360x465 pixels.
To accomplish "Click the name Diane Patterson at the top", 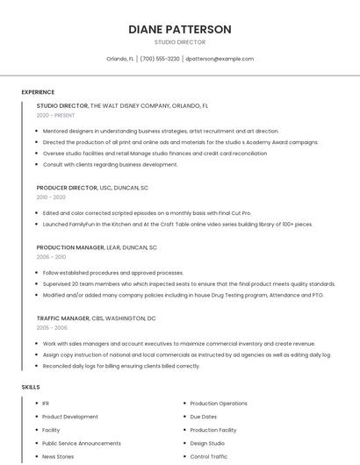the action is pyautogui.click(x=180, y=29).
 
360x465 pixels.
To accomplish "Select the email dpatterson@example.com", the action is pyautogui.click(x=220, y=59).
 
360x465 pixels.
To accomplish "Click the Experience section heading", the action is pyautogui.click(x=38, y=92).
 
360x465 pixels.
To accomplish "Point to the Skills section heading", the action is pyautogui.click(x=31, y=387).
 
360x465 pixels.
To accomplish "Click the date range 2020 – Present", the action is pyautogui.click(x=55, y=115).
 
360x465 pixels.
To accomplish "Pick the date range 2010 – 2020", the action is pyautogui.click(x=51, y=197).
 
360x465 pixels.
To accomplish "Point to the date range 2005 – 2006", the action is pyautogui.click(x=51, y=327).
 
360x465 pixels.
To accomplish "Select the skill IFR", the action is pyautogui.click(x=46, y=404).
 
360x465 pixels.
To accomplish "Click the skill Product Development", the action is pyautogui.click(x=70, y=417).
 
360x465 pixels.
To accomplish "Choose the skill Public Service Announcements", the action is pyautogui.click(x=82, y=443).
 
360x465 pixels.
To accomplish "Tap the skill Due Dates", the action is pyautogui.click(x=203, y=417).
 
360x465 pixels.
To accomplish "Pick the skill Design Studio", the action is pyautogui.click(x=207, y=443).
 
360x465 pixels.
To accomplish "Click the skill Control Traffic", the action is pyautogui.click(x=208, y=456).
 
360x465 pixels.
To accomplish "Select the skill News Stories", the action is pyautogui.click(x=58, y=456).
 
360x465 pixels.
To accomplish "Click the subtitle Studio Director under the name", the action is pyautogui.click(x=180, y=42).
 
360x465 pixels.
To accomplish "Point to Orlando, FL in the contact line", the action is pyautogui.click(x=120, y=59).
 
